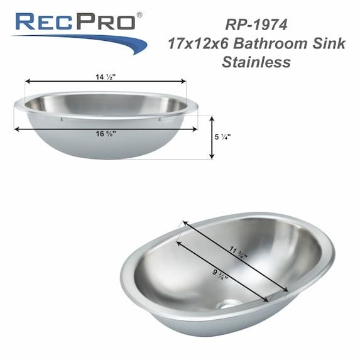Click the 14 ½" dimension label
pos(106,77)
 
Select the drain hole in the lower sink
pos(231,303)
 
